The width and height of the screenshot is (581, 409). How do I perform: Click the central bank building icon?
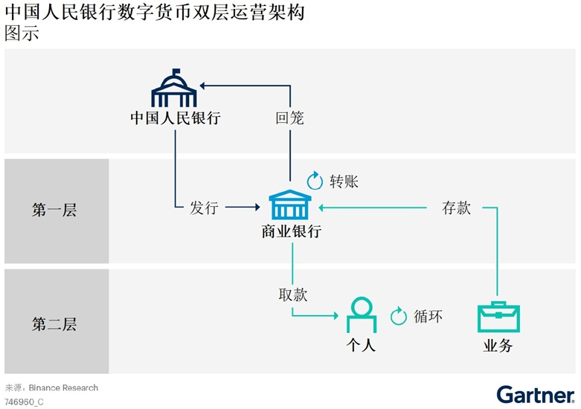(x=174, y=88)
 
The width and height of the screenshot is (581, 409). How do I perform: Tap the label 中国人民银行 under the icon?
(x=175, y=117)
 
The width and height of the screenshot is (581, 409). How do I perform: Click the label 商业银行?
(x=291, y=231)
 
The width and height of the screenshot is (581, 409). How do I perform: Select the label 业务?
(x=498, y=345)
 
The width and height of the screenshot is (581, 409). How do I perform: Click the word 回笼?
(x=289, y=117)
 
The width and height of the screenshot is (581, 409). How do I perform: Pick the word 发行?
(x=204, y=207)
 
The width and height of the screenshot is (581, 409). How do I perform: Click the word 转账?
(x=344, y=181)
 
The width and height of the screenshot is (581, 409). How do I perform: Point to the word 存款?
(x=456, y=207)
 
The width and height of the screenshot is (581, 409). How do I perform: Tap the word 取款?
(x=292, y=294)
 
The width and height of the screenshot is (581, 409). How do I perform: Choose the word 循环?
(x=428, y=316)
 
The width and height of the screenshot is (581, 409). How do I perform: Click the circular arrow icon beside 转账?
(x=315, y=181)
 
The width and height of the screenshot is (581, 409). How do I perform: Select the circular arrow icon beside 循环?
(x=399, y=316)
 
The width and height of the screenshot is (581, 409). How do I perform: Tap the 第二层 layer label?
(x=54, y=324)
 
